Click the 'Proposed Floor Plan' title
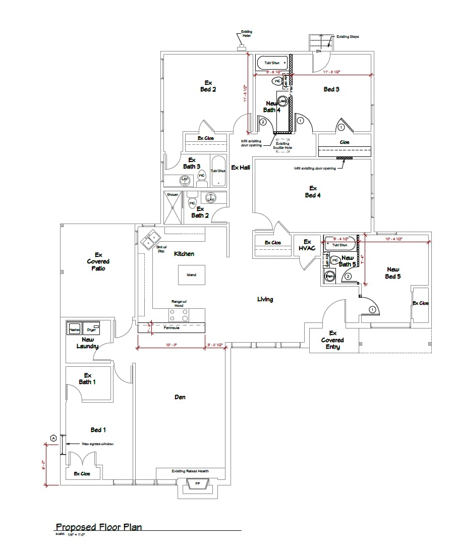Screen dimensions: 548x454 (x=98, y=527)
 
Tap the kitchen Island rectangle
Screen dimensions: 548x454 (x=191, y=275)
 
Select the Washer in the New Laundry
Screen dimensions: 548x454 (x=75, y=328)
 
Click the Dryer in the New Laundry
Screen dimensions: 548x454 (x=91, y=328)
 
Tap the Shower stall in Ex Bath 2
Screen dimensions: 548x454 (x=173, y=207)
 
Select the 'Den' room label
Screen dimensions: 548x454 (x=180, y=397)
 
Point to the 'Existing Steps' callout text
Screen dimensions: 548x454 (x=348, y=37)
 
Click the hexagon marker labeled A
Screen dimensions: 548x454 (x=53, y=437)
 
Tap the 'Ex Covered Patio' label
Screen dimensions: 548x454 (x=98, y=261)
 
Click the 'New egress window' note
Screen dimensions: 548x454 (x=97, y=444)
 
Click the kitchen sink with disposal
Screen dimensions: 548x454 (x=150, y=241)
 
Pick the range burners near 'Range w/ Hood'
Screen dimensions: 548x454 (x=179, y=315)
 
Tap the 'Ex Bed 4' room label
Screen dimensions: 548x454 (x=313, y=192)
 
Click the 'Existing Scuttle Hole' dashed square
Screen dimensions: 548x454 (x=282, y=142)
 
